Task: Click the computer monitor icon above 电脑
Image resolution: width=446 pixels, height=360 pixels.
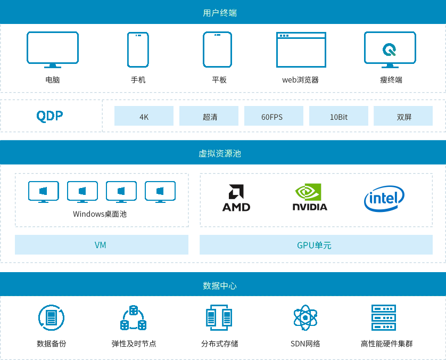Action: click(53, 49)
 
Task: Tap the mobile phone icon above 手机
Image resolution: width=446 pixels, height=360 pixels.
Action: click(138, 50)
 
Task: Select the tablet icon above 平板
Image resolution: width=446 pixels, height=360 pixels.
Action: click(218, 50)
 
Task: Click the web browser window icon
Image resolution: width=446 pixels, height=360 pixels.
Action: click(301, 50)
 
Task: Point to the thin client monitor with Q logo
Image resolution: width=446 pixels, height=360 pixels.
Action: click(390, 50)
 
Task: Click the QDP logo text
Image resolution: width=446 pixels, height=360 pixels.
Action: click(49, 116)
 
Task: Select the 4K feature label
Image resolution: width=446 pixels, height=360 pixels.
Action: click(144, 117)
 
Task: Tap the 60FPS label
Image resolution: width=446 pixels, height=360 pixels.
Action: click(272, 117)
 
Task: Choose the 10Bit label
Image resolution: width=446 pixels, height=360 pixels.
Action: click(338, 117)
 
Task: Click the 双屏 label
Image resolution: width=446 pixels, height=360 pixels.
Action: click(404, 117)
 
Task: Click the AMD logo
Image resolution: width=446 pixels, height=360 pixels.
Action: click(236, 199)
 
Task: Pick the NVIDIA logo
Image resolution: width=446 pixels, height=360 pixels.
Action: click(310, 198)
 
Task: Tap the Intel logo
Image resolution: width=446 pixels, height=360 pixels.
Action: click(384, 199)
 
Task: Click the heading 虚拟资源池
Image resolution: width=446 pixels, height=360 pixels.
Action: click(220, 153)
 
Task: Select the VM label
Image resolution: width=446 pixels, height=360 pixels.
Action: click(100, 245)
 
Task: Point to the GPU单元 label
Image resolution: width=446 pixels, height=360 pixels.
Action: click(314, 246)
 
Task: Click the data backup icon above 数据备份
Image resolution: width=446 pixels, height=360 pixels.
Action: click(52, 318)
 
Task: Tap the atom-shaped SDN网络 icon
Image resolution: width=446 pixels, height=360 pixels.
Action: click(305, 318)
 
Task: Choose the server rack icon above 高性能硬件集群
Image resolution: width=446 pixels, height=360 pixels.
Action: click(384, 317)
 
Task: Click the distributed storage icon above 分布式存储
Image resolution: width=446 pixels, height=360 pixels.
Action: click(219, 318)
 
